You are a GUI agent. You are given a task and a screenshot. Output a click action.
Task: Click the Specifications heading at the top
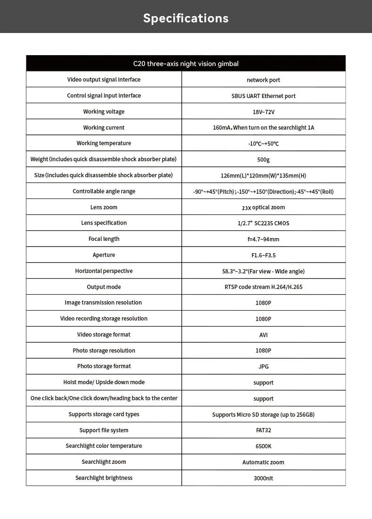click(x=186, y=18)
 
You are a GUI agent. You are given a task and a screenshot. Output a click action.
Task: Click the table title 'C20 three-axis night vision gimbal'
click(x=186, y=64)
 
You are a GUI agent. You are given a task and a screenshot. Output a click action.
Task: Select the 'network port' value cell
click(x=263, y=80)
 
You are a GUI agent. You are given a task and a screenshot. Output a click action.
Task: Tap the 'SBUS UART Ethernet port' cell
click(x=263, y=96)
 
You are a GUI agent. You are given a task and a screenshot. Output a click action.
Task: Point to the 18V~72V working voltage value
click(x=263, y=112)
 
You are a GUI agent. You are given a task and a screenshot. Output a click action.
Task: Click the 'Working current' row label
click(x=104, y=128)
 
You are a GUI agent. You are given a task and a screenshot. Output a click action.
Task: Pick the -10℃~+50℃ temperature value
click(x=263, y=144)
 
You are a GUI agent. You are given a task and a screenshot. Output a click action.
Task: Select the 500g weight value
click(x=263, y=160)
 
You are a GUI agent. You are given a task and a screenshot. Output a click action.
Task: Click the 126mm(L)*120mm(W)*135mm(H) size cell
click(x=263, y=176)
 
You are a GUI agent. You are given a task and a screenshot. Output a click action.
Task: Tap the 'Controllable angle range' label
click(x=104, y=191)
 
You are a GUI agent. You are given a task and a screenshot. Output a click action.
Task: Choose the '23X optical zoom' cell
click(x=263, y=207)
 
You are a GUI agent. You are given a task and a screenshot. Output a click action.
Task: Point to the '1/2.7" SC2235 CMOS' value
click(x=263, y=223)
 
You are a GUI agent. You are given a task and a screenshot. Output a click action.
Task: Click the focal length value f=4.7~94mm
click(x=263, y=239)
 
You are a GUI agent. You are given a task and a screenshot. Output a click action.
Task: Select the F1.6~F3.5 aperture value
click(x=263, y=255)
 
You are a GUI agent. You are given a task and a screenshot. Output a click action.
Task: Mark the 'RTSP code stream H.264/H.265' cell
click(x=263, y=287)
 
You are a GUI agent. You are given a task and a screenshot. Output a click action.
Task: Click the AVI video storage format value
click(x=263, y=335)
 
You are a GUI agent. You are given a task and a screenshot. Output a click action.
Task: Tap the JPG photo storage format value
click(x=263, y=367)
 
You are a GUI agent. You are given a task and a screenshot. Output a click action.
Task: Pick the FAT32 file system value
click(x=263, y=430)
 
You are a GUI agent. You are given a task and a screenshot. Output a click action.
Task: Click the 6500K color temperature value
click(x=263, y=446)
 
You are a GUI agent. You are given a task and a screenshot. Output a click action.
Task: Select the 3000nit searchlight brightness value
click(x=263, y=478)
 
